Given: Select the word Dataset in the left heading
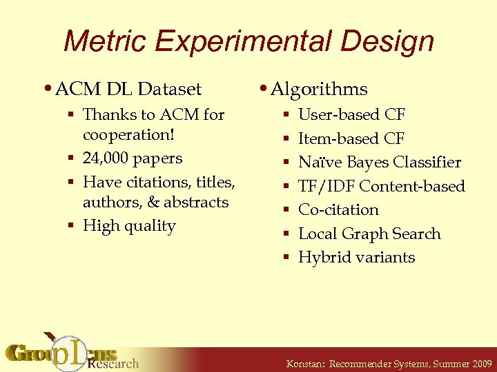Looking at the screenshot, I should [169, 90].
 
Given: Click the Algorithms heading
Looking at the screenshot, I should [319, 90].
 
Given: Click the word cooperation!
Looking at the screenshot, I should [128, 135].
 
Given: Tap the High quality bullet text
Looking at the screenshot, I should [129, 226].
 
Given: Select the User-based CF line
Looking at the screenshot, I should [351, 115].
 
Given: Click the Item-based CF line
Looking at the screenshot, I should [351, 138].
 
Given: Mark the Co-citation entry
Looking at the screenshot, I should [338, 210].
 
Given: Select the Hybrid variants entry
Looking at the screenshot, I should [356, 258].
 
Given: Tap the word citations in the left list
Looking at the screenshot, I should [156, 182].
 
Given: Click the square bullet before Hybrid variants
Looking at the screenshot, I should [286, 258].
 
